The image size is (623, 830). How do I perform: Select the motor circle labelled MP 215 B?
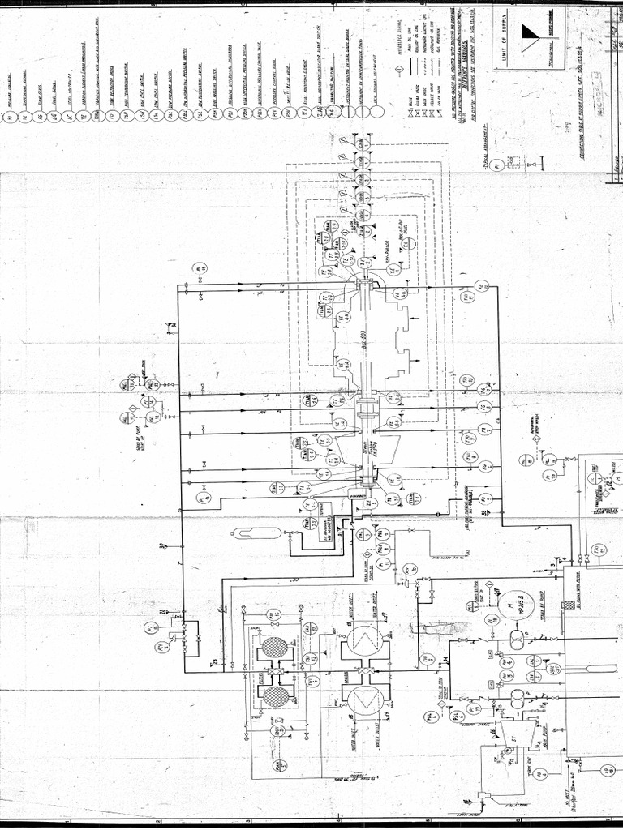pos(515,605)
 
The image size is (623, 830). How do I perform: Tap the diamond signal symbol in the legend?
pos(401,71)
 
